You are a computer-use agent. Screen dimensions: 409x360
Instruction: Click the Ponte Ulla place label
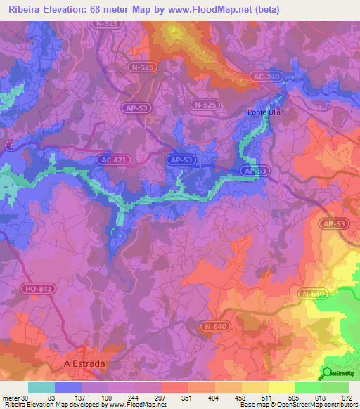[x=264, y=112]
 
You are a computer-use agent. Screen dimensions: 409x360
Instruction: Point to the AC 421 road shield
[x=111, y=161]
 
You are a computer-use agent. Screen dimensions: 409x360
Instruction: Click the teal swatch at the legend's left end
[x=41, y=387]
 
